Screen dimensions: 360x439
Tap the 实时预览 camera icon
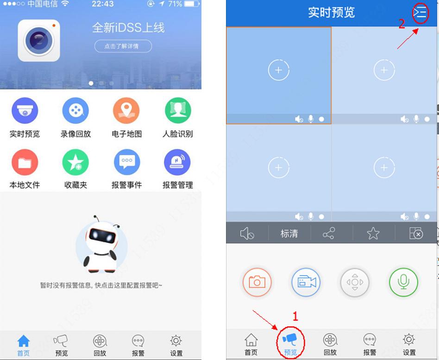[25, 111]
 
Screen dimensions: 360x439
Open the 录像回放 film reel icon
[75, 111]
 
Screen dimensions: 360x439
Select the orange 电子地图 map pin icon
[126, 111]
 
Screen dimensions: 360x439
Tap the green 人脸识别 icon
[178, 111]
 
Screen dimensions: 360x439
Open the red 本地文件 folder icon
[25, 162]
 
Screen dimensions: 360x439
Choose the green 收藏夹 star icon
[75, 162]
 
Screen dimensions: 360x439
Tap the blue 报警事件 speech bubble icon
[126, 162]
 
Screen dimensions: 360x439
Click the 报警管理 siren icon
[177, 162]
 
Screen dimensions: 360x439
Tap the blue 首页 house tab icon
[24, 342]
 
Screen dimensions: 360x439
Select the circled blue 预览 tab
[290, 341]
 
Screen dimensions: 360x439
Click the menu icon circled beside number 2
[420, 13]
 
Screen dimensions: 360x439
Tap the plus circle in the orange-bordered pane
[278, 70]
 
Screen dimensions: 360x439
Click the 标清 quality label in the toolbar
[289, 234]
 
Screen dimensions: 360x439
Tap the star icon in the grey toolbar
[373, 234]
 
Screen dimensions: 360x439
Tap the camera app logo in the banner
[39, 41]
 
